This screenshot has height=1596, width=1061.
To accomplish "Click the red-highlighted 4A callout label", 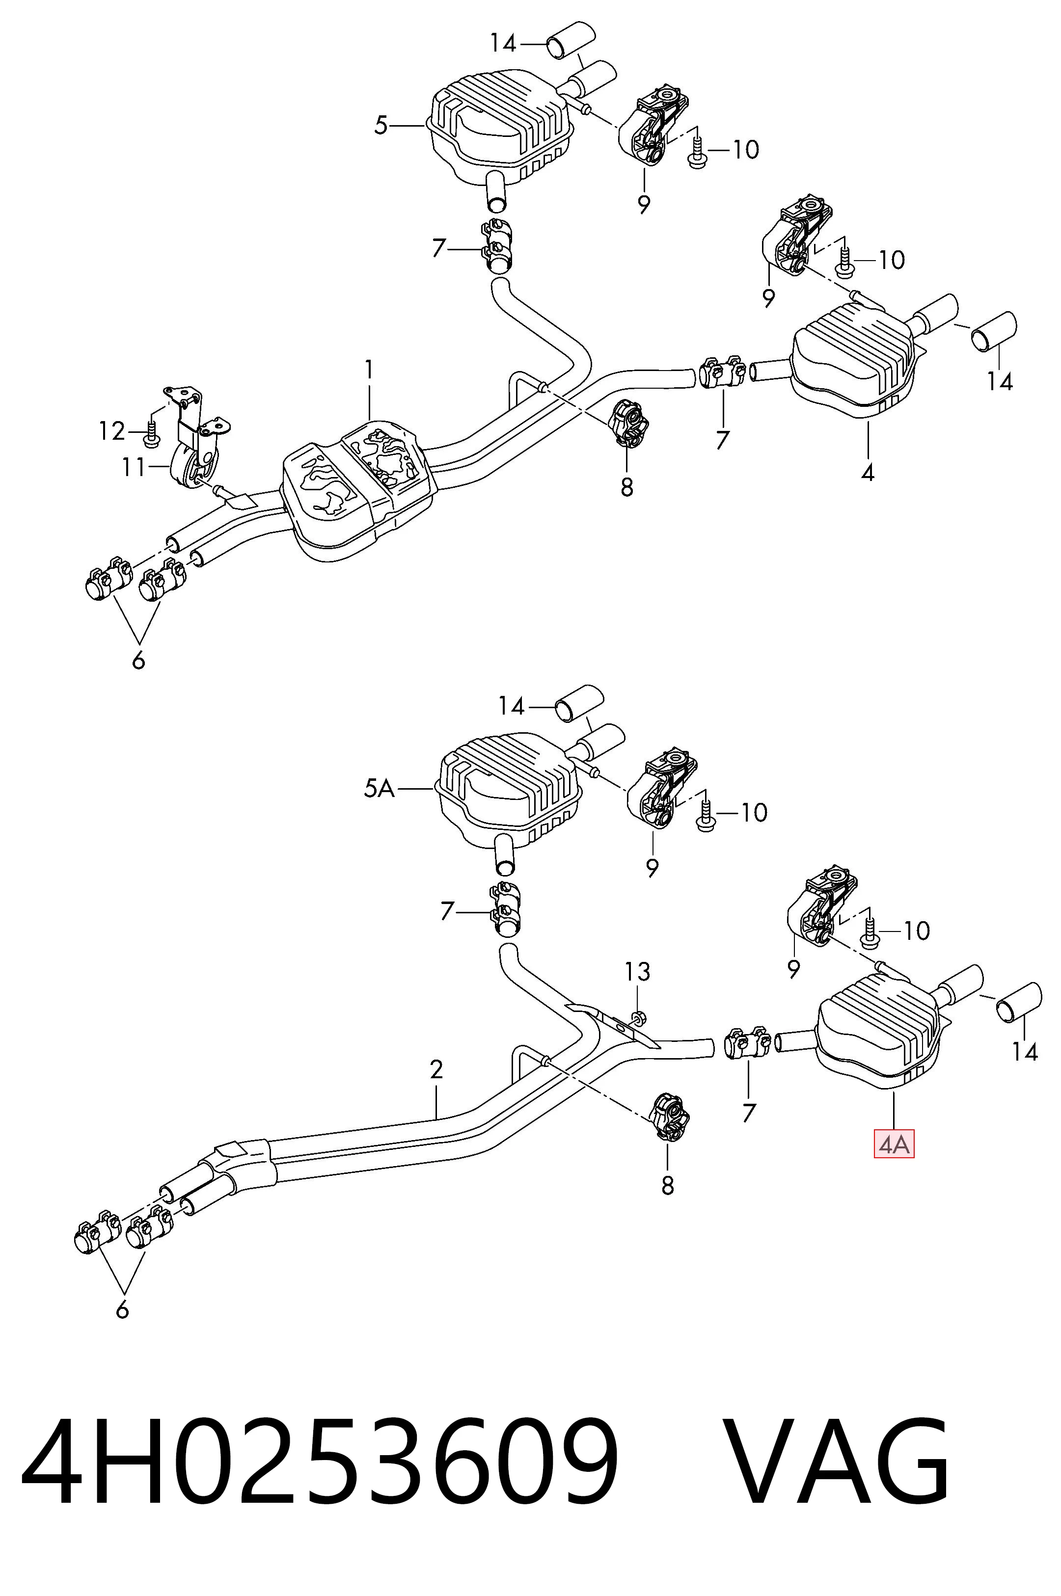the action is tap(894, 1145).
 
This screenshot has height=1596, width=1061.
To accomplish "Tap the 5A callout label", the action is tap(379, 788).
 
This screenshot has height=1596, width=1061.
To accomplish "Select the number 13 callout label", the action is tap(637, 972).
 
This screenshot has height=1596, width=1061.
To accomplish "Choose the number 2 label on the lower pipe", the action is tap(436, 1069).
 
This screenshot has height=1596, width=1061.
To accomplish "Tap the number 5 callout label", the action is tap(381, 125).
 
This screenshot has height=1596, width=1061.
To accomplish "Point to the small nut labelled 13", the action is tap(637, 1016).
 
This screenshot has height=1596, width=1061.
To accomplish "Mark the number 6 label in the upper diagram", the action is tap(139, 660).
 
